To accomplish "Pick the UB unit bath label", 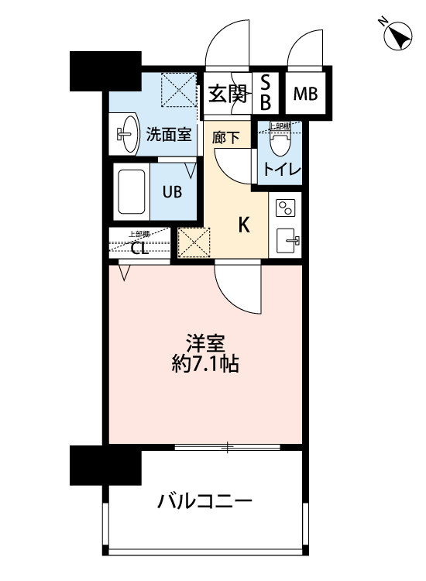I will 171,191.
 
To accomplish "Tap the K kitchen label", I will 243,225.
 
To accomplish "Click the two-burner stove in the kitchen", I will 285,208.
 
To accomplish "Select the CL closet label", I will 139,249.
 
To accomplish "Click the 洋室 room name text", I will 205,342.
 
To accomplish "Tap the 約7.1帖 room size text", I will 205,363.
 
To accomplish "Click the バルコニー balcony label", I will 205,501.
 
